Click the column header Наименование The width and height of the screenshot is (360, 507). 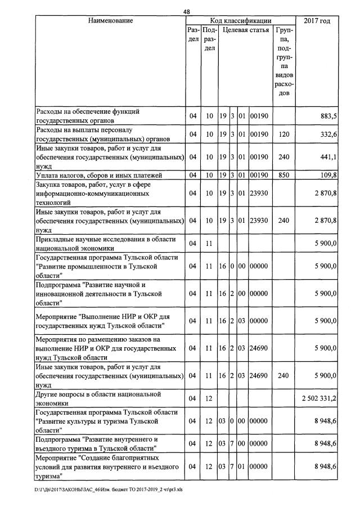pos(110,21)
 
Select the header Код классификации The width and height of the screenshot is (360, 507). pos(240,21)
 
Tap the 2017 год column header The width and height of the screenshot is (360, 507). pos(317,21)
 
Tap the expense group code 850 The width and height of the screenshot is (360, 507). pos(283,175)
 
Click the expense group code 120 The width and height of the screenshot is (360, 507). pos(283,134)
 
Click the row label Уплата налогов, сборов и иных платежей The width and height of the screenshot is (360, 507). pos(98,175)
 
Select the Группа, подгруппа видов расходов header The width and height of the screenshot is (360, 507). pos(283,61)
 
